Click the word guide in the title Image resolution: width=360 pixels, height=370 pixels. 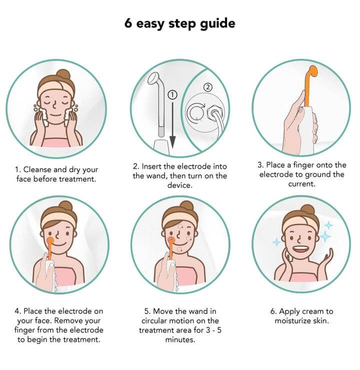tap(217, 24)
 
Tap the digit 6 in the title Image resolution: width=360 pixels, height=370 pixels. tap(128, 23)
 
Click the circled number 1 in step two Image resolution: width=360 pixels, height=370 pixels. tap(172, 95)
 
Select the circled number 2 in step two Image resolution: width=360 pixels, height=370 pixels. tap(207, 87)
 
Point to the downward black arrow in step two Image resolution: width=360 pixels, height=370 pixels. tap(172, 125)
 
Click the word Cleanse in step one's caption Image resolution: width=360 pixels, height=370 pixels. tap(37, 170)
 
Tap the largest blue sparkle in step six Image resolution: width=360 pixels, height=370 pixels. tap(325, 236)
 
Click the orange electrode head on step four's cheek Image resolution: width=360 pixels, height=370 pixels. tap(50, 241)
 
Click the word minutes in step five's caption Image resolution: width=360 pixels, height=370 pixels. tap(180, 340)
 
